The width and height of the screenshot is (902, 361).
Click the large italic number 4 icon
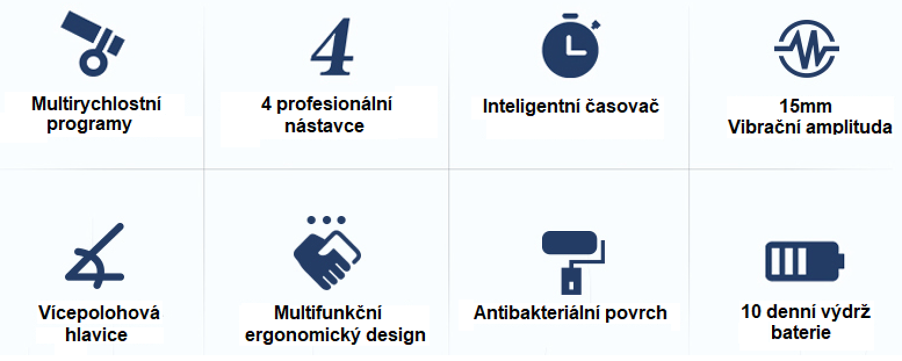(332, 47)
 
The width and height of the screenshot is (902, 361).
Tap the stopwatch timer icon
(570, 46)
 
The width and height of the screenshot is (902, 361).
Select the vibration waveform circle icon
(807, 49)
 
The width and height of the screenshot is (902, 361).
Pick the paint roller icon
(573, 262)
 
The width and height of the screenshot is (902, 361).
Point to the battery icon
(805, 261)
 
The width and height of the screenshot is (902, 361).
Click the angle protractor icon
(95, 255)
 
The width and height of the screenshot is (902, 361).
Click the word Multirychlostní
(96, 104)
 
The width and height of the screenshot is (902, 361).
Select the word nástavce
(324, 126)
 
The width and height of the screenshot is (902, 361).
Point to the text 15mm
(806, 106)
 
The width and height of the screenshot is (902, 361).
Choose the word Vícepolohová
(99, 313)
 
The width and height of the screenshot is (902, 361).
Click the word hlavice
(96, 335)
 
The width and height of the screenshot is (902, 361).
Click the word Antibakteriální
(536, 313)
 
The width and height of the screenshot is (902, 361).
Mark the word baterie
(801, 333)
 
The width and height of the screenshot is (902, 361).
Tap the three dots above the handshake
(326, 220)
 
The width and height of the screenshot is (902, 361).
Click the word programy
(89, 125)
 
